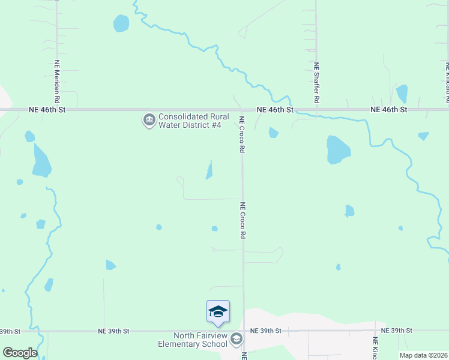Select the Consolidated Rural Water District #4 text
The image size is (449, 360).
point(190,121)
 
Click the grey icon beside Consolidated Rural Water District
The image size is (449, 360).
point(148,121)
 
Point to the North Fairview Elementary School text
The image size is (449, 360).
point(193,340)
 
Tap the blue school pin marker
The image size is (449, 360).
point(218,311)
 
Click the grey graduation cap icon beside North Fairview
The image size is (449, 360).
point(237,340)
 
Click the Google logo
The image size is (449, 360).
point(19,353)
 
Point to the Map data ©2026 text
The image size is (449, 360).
point(423,355)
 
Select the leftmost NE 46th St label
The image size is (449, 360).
point(47,110)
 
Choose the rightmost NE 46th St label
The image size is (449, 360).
point(389,110)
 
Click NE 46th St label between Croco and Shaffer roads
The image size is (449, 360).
point(275,110)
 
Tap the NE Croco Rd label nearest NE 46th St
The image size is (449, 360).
point(243,133)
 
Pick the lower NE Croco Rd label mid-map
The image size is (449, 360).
point(243,221)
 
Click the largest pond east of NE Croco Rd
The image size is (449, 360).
point(338,149)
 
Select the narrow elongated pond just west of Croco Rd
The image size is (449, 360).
point(209,170)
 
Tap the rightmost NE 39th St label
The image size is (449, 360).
point(394,331)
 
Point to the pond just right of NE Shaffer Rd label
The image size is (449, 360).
point(402,94)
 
